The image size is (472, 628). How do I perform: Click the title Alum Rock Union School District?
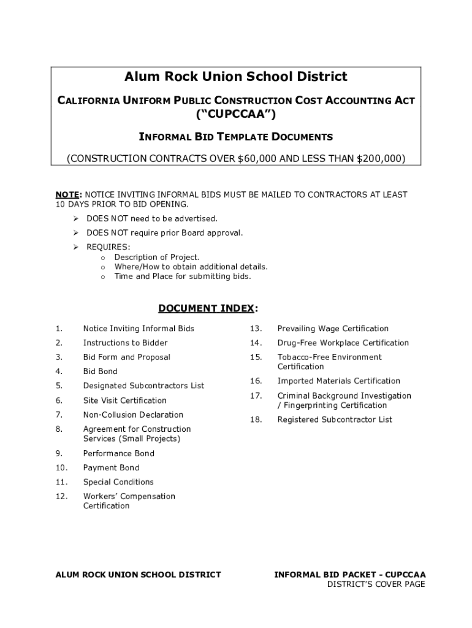pyautogui.click(x=236, y=77)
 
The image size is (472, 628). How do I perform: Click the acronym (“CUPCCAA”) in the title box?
pyautogui.click(x=236, y=115)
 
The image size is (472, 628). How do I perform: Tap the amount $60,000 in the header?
pyautogui.click(x=256, y=158)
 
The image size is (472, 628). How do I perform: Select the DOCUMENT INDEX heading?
pyautogui.click(x=207, y=308)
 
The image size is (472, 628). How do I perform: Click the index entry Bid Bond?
pyautogui.click(x=100, y=372)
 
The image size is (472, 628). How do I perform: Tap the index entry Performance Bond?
pyautogui.click(x=118, y=454)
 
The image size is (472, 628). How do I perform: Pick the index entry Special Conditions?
pyautogui.click(x=118, y=482)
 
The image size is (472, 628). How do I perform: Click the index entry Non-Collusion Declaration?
pyautogui.click(x=133, y=415)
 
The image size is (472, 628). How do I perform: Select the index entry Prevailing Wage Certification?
pyautogui.click(x=333, y=329)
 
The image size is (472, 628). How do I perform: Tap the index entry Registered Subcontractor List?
pyautogui.click(x=335, y=420)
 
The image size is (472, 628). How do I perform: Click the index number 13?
pyautogui.click(x=256, y=329)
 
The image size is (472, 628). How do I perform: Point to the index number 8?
pyautogui.click(x=58, y=429)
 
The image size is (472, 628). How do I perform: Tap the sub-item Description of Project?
pyautogui.click(x=157, y=258)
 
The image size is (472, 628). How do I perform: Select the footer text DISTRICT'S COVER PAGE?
pyautogui.click(x=376, y=584)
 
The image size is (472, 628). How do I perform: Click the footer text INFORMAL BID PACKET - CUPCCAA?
pyautogui.click(x=349, y=575)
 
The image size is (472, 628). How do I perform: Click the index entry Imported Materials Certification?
pyautogui.click(x=338, y=381)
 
